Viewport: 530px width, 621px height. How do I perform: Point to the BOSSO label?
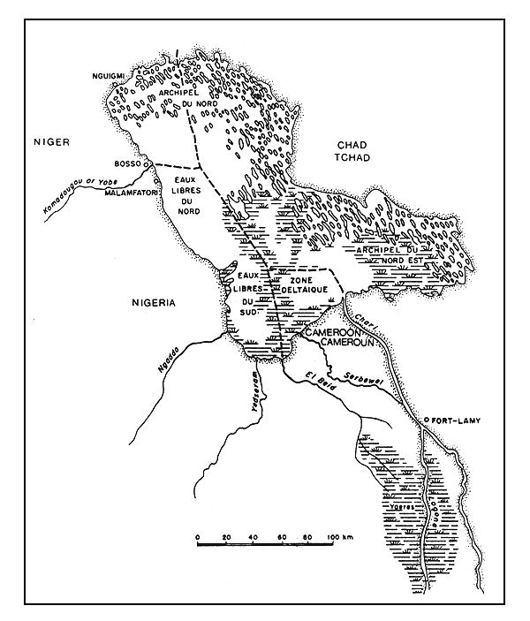pyautogui.click(x=130, y=164)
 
